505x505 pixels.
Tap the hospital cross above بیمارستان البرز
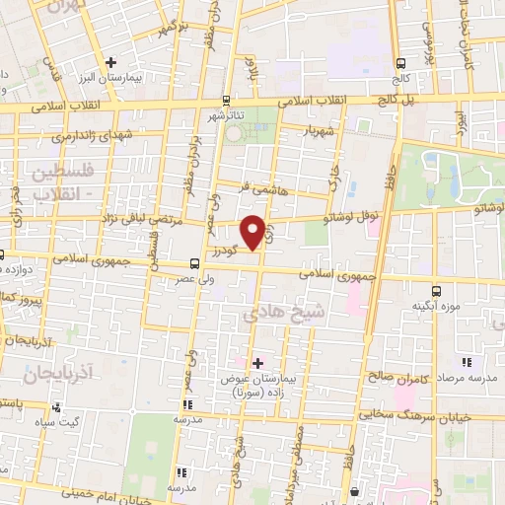[111, 62]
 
